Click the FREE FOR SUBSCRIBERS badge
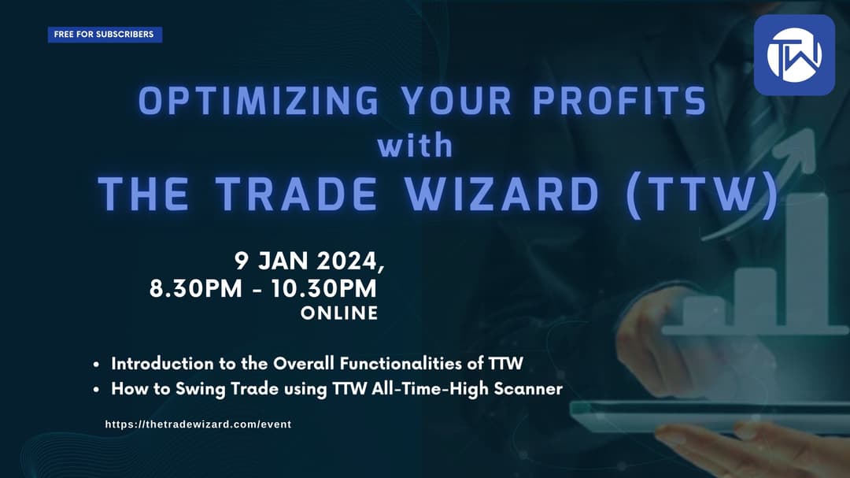105,34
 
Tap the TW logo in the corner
794,55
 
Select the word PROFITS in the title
619,100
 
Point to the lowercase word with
416,146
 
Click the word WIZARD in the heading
502,194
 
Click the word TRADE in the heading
296,194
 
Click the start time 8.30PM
196,289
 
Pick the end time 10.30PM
323,289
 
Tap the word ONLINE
339,313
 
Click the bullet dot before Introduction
96,365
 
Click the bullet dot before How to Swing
96,390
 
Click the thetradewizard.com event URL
198,424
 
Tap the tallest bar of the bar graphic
807,261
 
